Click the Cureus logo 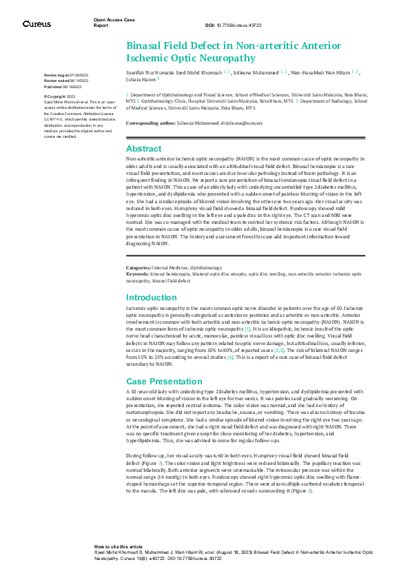[x=36, y=23]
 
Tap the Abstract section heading [x=143, y=149]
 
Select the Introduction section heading [x=152, y=298]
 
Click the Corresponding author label [x=149, y=123]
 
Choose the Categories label [x=139, y=267]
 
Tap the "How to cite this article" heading [x=119, y=545]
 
